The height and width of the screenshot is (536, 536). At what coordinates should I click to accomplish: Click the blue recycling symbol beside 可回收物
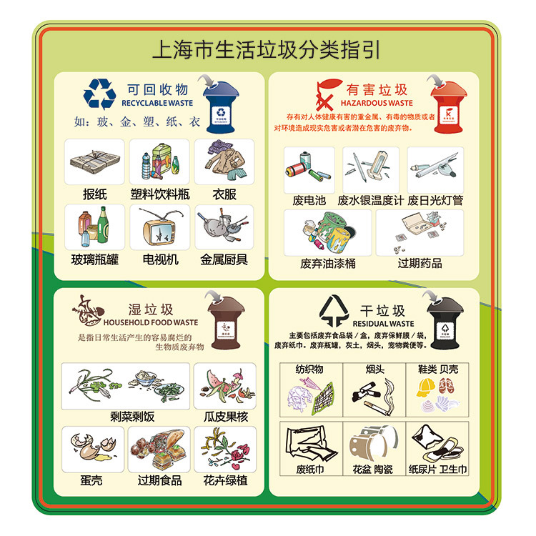click(99, 94)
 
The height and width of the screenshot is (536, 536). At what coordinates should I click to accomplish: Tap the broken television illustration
click(160, 228)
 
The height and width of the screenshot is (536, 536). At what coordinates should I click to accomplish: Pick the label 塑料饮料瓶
click(160, 194)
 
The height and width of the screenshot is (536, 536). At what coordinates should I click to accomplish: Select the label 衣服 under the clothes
click(224, 194)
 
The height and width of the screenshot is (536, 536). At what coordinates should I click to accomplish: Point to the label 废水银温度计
click(371, 201)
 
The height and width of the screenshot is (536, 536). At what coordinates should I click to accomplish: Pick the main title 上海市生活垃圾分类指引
click(267, 51)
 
